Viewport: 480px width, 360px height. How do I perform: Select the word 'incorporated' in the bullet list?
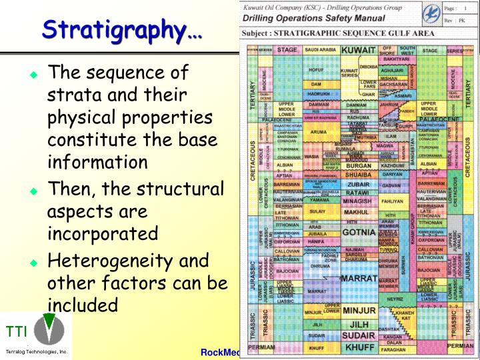tap(102, 233)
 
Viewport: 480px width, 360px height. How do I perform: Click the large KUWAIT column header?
tap(359, 50)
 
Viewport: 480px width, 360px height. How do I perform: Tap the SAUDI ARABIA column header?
tap(319, 50)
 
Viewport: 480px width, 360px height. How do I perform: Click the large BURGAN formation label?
tap(359, 165)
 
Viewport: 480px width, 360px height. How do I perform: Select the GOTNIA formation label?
tap(359, 232)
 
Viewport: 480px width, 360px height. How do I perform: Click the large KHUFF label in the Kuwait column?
tap(359, 347)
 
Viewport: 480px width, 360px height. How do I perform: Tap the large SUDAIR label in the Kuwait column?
tap(359, 335)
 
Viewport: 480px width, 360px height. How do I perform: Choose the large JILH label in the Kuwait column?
tap(359, 324)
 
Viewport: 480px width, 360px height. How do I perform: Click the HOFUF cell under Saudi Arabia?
tap(315, 69)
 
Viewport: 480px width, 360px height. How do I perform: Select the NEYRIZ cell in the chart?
tap(396, 299)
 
